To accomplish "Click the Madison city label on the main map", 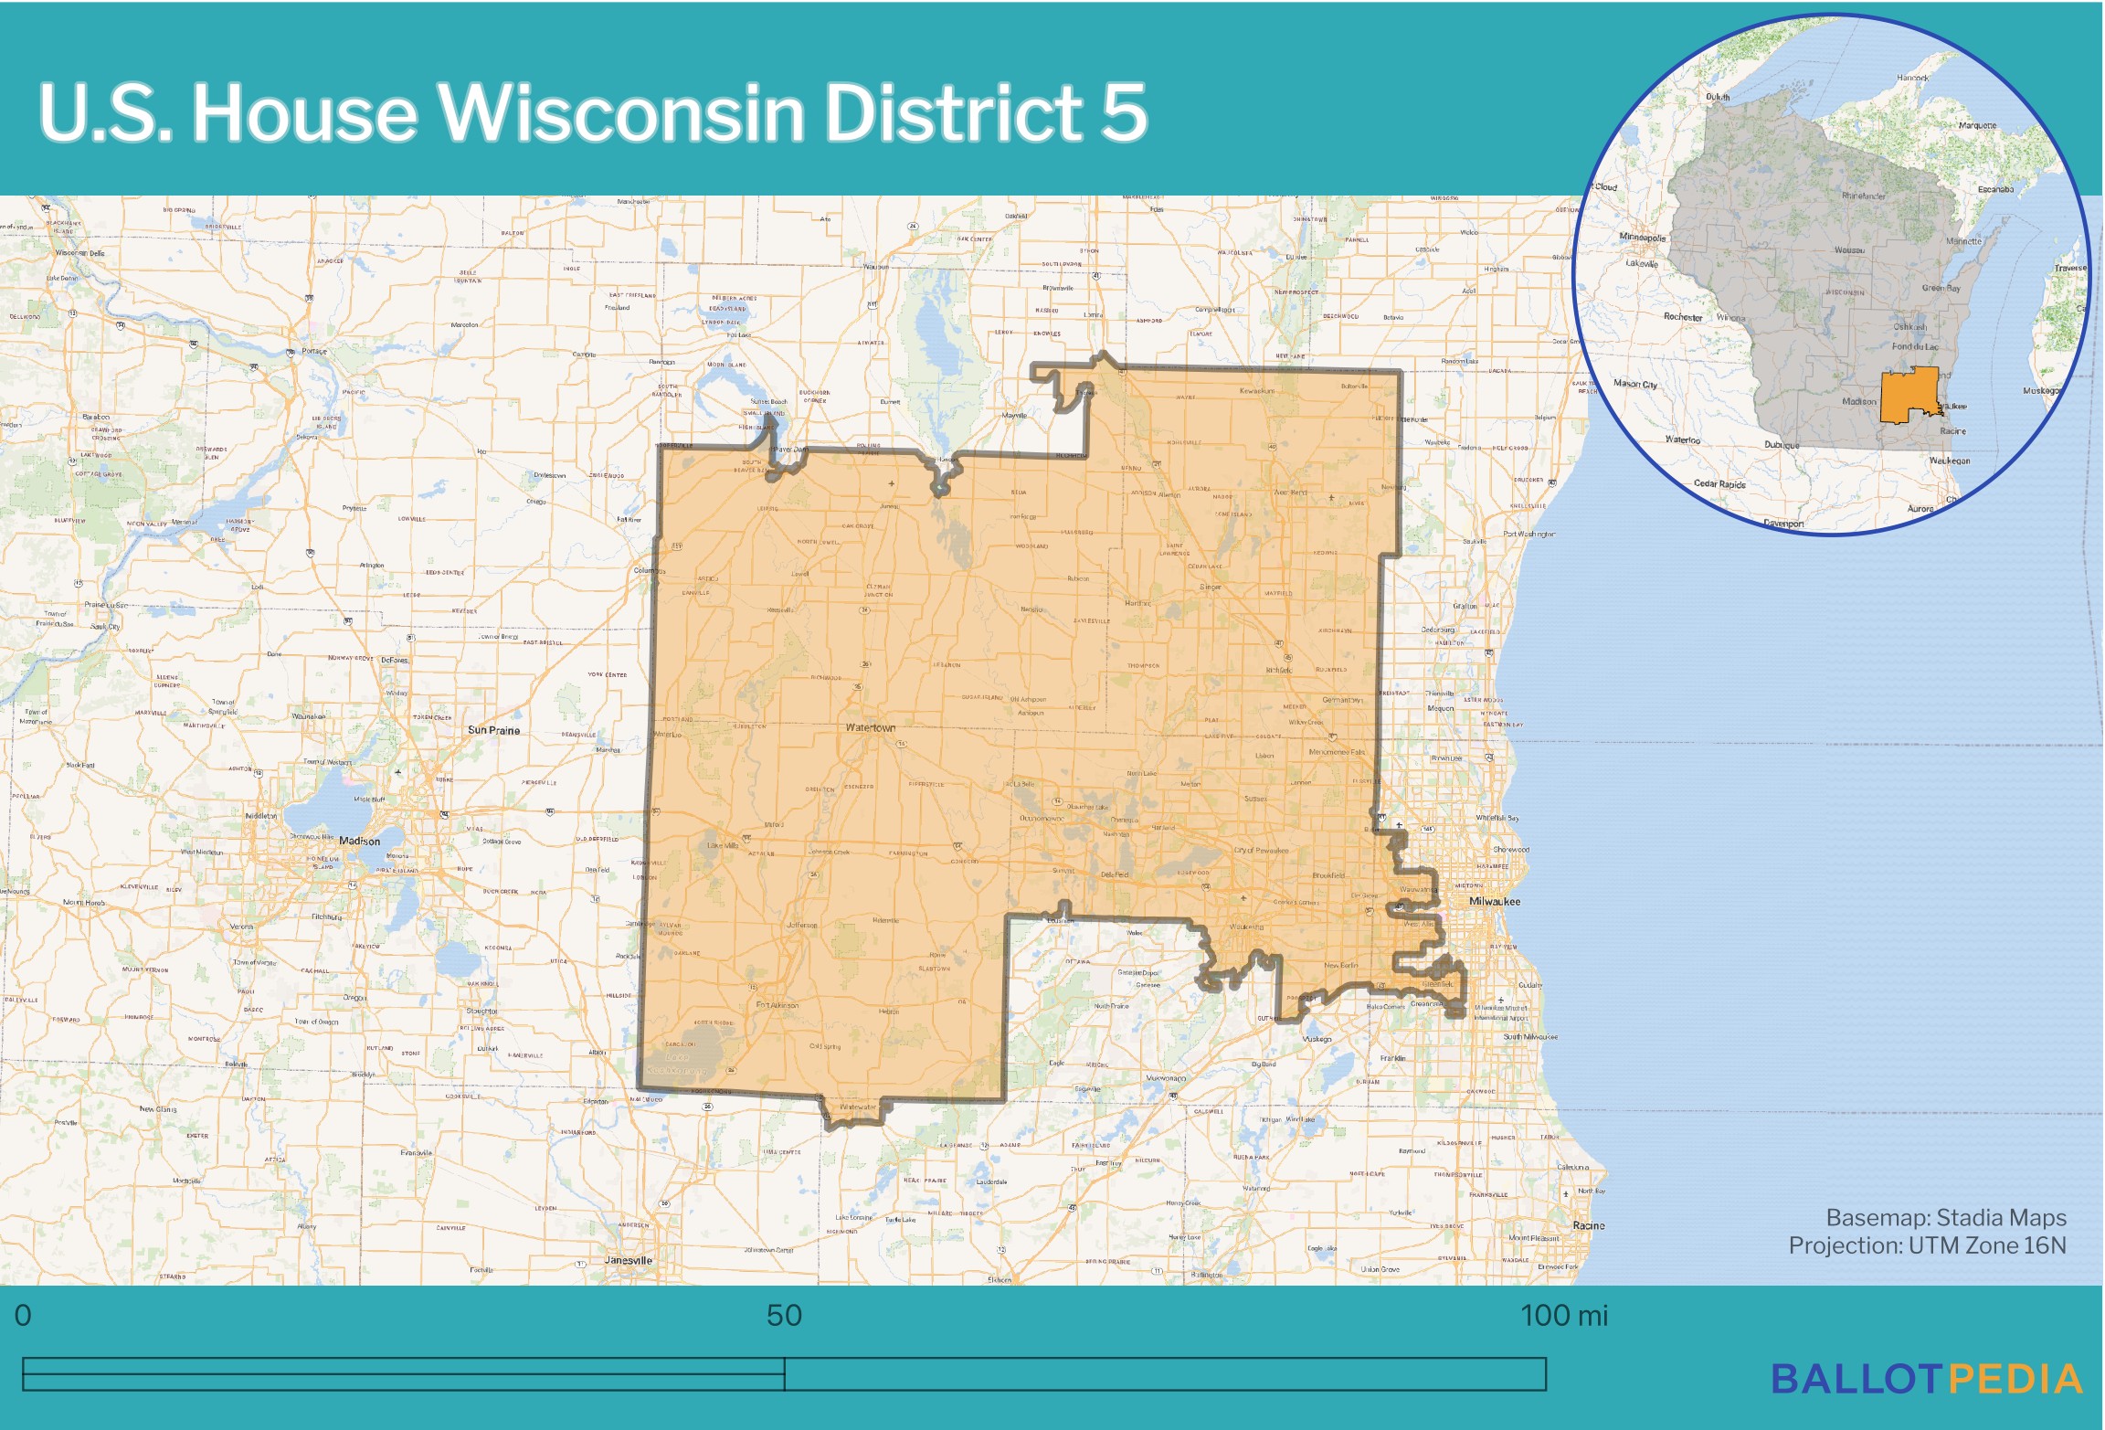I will click(x=359, y=841).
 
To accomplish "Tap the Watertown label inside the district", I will click(x=870, y=727).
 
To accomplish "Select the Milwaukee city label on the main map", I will click(x=1495, y=901).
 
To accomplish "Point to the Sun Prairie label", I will click(x=493, y=730).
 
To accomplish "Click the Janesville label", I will click(x=628, y=1260).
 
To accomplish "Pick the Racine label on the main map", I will click(x=1588, y=1225).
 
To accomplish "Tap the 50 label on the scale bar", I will click(x=784, y=1315).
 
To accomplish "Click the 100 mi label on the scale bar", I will click(x=1563, y=1315).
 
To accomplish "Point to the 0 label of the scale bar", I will click(x=23, y=1315).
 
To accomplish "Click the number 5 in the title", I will click(x=1123, y=112).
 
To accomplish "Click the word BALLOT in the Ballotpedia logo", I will click(x=1856, y=1379).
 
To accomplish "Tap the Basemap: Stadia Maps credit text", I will click(x=1945, y=1217).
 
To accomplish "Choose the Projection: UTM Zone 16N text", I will click(x=1927, y=1245).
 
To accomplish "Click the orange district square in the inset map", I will click(x=1909, y=395).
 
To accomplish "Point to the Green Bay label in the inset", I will click(x=1941, y=288).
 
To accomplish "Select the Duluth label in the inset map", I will click(x=1717, y=97).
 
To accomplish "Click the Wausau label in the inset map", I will click(x=1849, y=249).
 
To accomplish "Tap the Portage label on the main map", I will click(x=314, y=351).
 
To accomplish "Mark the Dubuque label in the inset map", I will click(x=1782, y=445).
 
